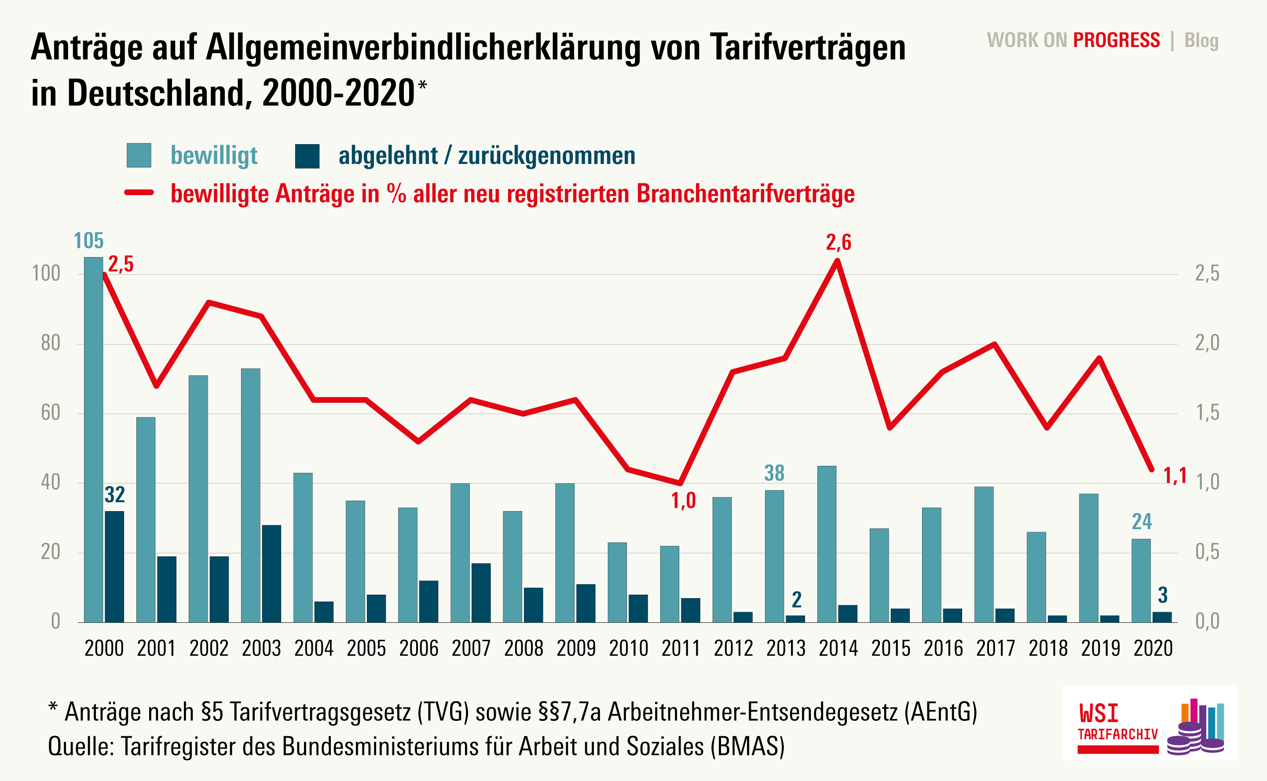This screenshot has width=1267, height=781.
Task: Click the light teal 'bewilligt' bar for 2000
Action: click(94, 439)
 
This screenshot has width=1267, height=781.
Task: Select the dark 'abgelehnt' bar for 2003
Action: click(271, 574)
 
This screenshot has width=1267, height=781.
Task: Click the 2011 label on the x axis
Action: click(681, 648)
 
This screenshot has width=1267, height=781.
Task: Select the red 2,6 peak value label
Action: click(839, 243)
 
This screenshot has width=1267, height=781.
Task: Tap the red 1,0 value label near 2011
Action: click(683, 501)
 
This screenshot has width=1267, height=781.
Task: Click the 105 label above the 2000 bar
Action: click(88, 241)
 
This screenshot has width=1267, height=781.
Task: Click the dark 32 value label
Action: click(115, 495)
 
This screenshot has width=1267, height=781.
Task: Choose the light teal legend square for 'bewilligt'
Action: click(139, 156)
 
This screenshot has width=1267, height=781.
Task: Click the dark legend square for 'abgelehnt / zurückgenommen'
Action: click(307, 156)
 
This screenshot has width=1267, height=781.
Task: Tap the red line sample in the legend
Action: click(139, 193)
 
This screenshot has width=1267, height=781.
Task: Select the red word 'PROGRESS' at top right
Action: click(1116, 40)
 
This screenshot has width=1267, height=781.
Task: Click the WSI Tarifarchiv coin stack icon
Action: click(1195, 728)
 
